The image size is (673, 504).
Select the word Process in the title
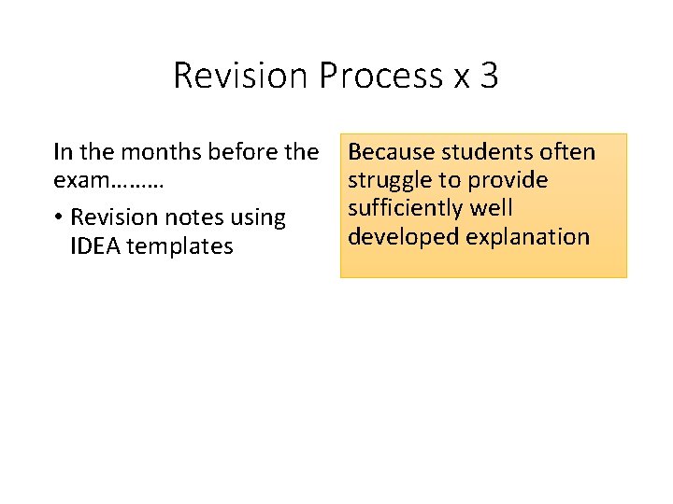pos(380,76)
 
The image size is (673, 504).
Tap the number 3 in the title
pos(489,76)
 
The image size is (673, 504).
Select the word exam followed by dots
pos(108,180)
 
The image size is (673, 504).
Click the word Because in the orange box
pos(391,151)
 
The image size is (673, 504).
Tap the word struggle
pos(388,180)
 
